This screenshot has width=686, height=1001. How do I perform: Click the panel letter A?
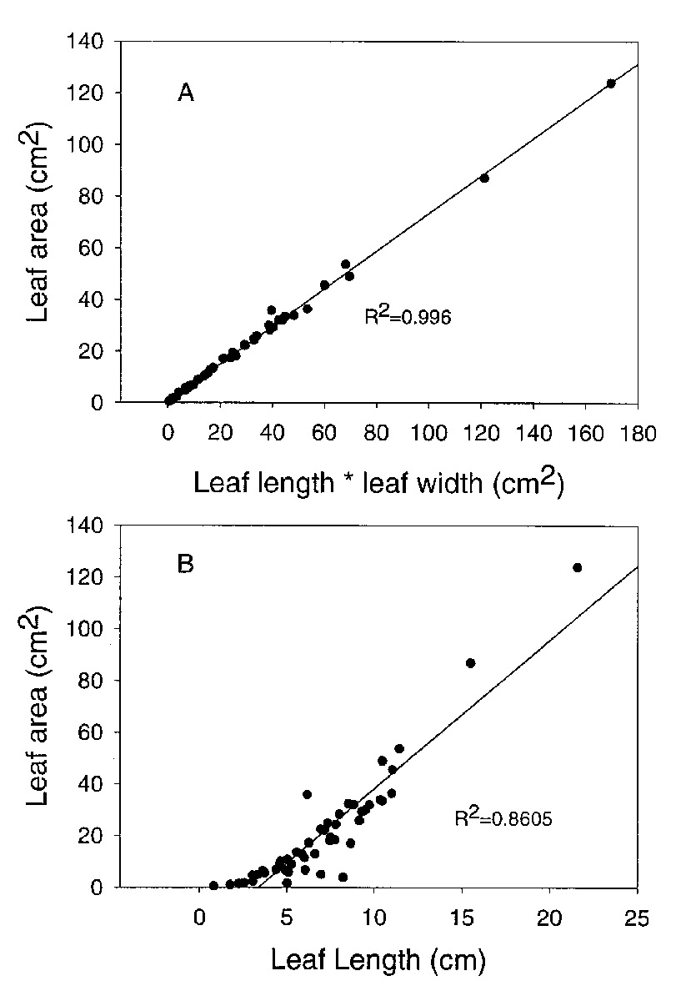click(186, 93)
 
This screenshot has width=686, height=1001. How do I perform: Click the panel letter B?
click(185, 564)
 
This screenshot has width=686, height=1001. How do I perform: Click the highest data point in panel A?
click(611, 83)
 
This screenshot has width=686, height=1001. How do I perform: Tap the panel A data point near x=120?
click(484, 178)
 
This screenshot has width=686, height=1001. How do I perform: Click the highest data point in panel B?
click(577, 567)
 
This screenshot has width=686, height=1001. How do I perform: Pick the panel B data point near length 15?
click(470, 663)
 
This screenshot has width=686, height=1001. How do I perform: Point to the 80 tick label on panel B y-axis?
click(95, 680)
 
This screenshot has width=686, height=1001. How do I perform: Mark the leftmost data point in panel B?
click(213, 885)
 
